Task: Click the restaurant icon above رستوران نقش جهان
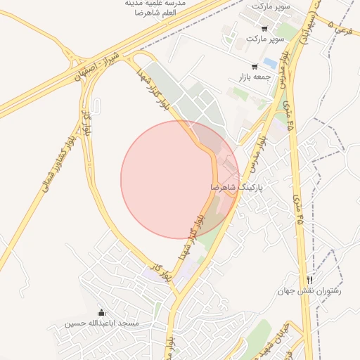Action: tap(309, 280)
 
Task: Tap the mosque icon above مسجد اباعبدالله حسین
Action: tap(101, 313)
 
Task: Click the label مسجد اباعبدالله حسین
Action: tap(103, 323)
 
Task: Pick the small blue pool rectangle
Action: tap(270, 64)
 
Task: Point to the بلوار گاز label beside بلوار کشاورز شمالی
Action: tap(86, 122)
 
